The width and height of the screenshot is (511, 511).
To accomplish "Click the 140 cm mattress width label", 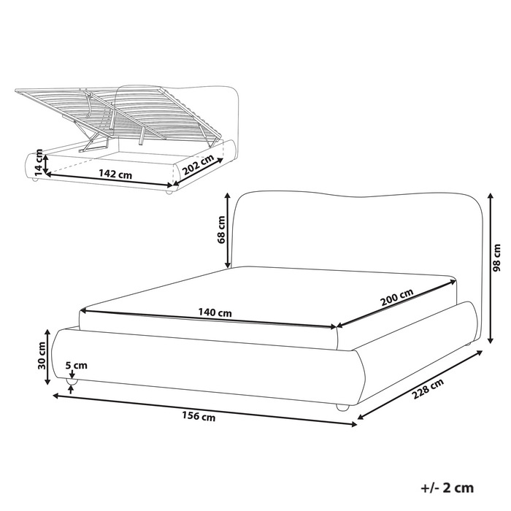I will coord(215,312).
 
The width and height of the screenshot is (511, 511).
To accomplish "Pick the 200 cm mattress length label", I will coord(396,298).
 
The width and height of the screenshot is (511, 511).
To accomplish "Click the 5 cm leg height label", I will coord(76,366).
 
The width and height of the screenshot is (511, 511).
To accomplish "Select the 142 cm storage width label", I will coord(116,174).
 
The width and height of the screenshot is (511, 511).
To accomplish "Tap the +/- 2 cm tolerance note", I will coord(447,487).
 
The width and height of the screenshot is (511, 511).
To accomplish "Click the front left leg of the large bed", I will coord(72,380).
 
